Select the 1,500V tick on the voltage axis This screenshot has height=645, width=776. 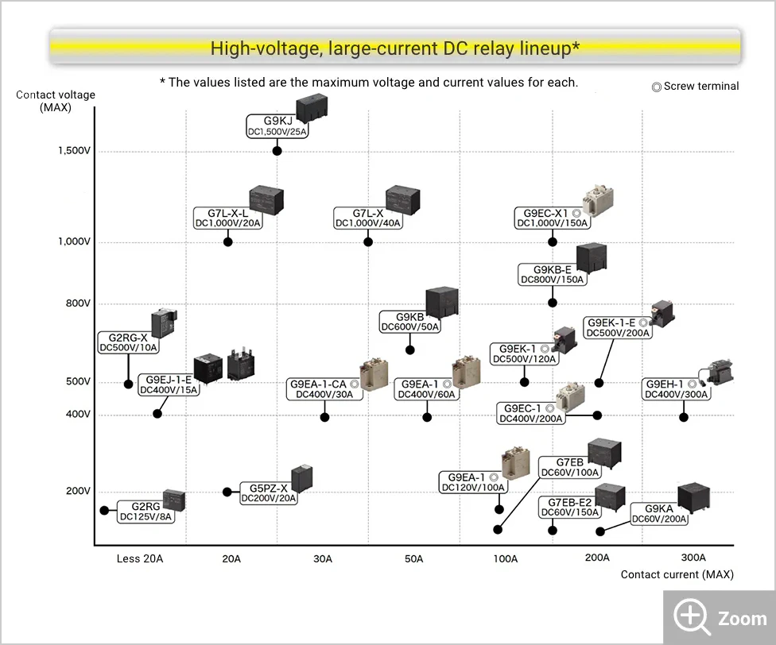pos(75,151)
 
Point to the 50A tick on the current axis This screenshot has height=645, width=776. pos(414,558)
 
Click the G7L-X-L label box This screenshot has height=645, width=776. pos(228,218)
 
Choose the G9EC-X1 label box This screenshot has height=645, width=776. pos(553,218)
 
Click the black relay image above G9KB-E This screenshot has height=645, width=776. pos(592,257)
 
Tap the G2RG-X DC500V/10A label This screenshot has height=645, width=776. pos(129,342)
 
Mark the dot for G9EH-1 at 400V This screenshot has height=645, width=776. pos(684,417)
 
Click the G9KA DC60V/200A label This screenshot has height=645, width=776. pos(659,514)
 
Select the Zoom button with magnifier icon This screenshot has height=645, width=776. pos(720,618)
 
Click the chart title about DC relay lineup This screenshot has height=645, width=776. pos(394,48)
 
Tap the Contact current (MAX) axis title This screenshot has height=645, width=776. pos(677,574)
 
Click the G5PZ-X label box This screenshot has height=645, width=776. pos(269,493)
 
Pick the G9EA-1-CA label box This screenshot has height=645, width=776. pos(324,389)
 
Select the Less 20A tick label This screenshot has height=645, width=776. pos(140,558)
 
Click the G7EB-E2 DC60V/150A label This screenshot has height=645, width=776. pos(569,508)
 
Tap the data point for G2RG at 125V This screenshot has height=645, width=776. pos(104,510)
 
